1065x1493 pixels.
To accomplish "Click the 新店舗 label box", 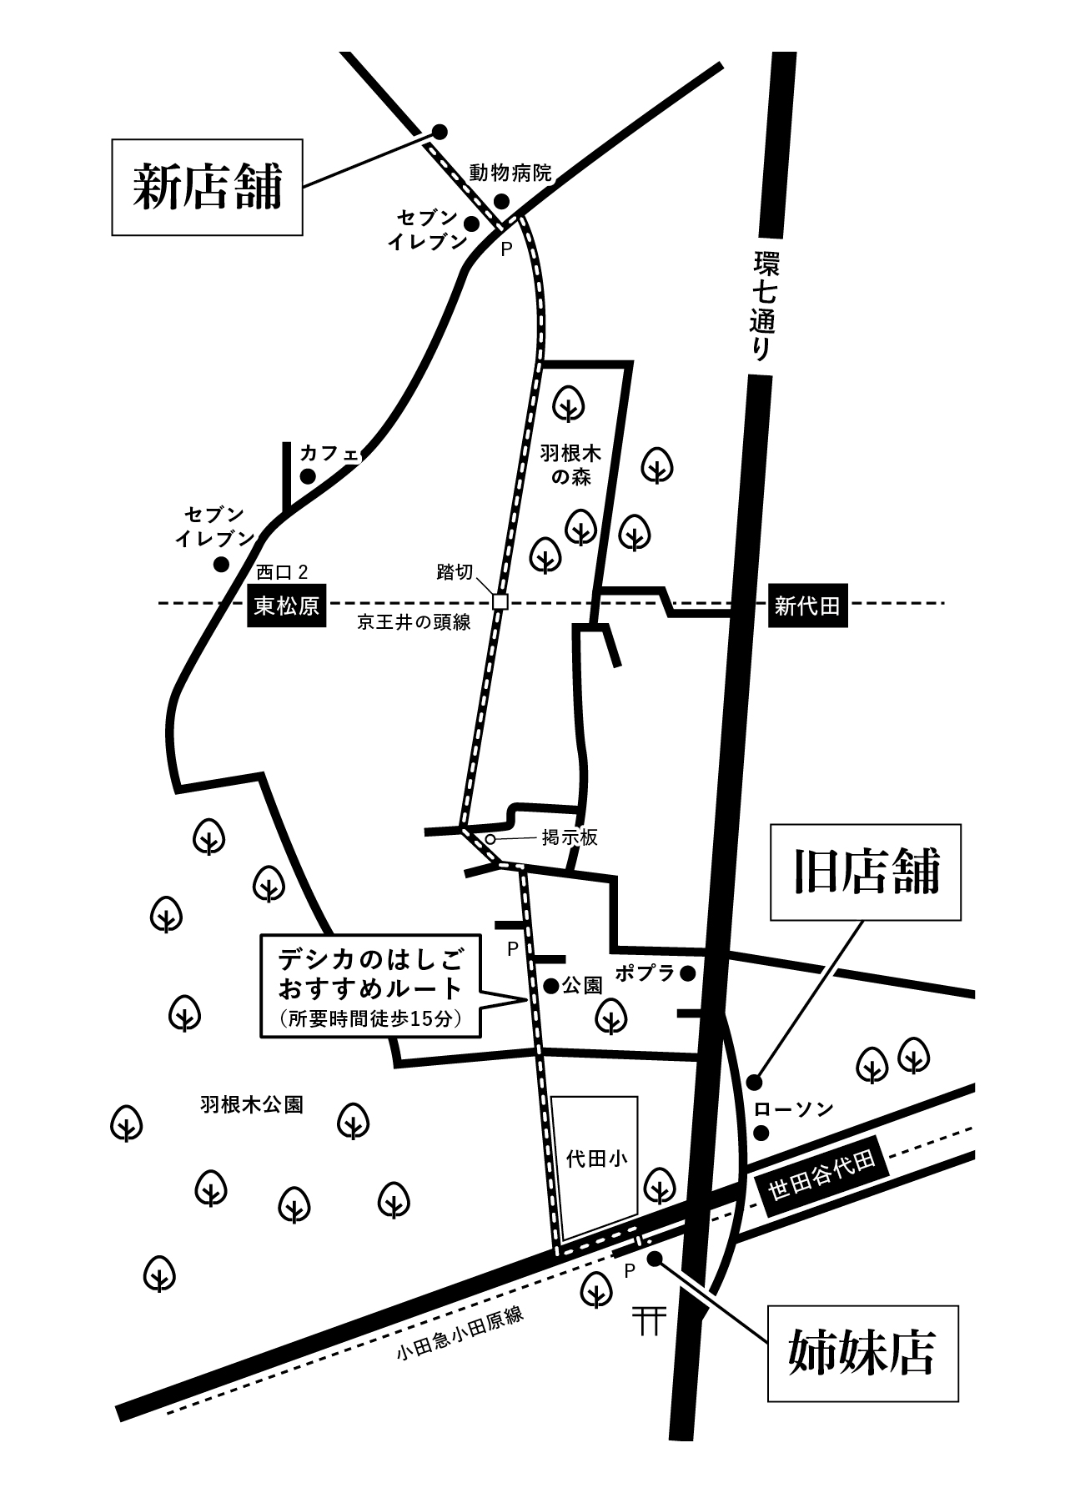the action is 208,187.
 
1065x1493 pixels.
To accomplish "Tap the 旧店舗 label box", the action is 866,872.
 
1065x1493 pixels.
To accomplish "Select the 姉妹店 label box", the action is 863,1354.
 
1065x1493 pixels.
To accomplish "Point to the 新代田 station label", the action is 806,606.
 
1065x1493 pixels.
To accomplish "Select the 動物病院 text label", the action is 510,173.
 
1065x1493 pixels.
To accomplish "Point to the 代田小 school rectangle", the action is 595,1167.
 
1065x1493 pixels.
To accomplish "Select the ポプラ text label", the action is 645,973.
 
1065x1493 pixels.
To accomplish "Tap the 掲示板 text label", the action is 570,838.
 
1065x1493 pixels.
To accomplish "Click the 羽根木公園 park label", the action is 251,1105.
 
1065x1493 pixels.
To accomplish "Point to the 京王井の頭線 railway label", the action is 414,622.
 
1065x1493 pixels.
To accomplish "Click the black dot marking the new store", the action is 440,132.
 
